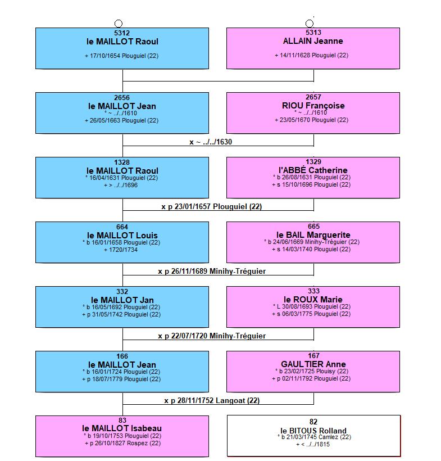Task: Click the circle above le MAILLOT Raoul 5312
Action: pos(118,24)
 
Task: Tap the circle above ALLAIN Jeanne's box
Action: pos(310,24)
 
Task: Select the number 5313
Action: pos(313,33)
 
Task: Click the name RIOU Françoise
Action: pos(313,106)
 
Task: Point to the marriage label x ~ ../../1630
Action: pos(211,142)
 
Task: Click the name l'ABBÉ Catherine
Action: pos(313,170)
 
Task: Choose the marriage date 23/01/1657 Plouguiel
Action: pos(212,207)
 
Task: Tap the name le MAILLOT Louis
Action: pos(122,236)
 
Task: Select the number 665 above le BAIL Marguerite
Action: pos(313,227)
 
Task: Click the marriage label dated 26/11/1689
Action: pos(212,272)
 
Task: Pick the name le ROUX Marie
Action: pos(313,300)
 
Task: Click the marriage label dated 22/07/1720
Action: pos(212,336)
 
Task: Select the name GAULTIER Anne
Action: pos(313,364)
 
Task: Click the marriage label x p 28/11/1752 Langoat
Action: pos(212,401)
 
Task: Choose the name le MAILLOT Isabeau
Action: pos(122,428)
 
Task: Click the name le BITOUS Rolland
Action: pos(313,431)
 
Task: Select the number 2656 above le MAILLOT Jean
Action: pos(122,98)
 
